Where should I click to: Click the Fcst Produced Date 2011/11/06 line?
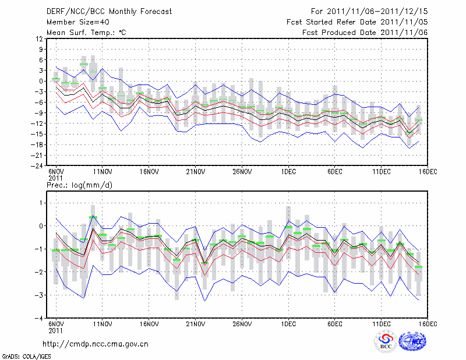pos(365,33)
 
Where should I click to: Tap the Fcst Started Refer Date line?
pos(357,22)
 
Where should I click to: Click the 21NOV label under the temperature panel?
pos(195,172)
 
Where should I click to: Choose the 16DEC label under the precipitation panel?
pos(428,323)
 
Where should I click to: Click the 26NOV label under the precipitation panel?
pos(242,323)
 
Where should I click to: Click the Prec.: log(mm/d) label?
pos(80,185)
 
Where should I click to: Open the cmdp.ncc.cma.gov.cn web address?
pos(97,344)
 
